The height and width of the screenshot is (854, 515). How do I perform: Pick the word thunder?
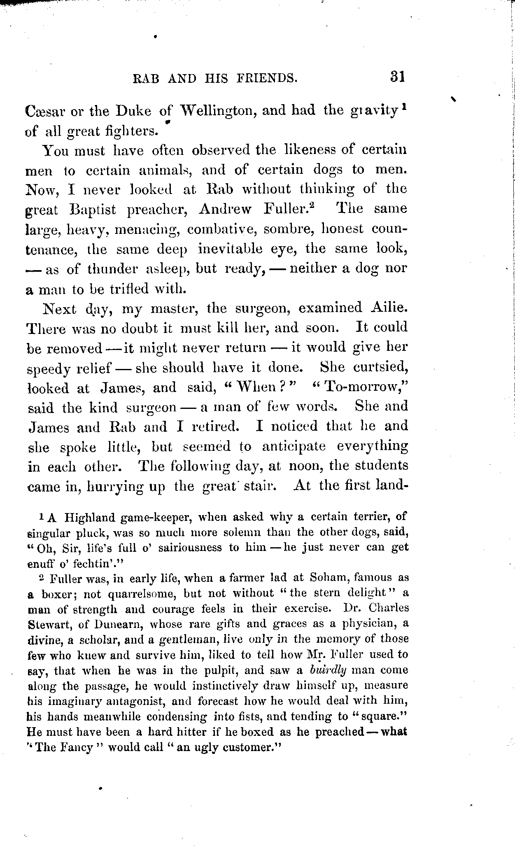click(x=114, y=269)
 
